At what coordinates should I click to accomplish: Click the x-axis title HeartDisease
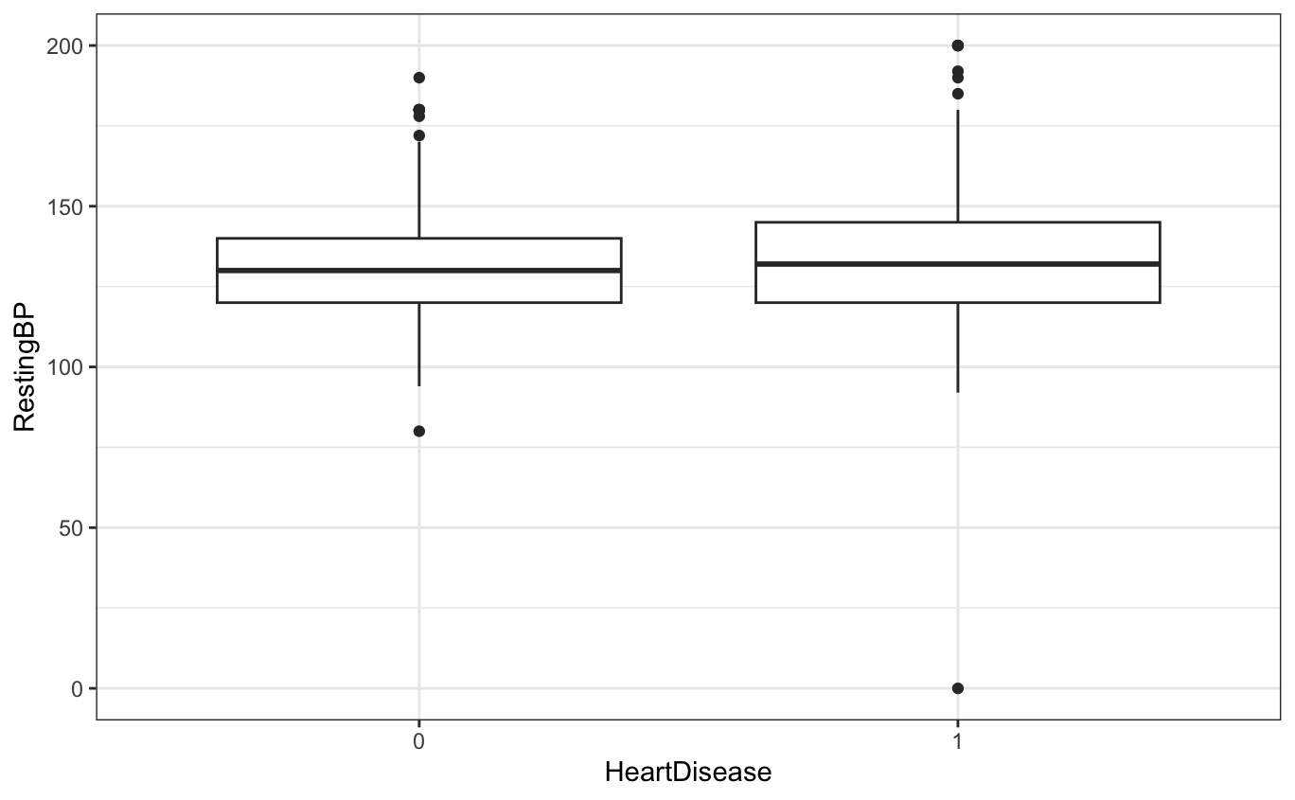tap(688, 773)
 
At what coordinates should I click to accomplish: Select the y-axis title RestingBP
tap(25, 366)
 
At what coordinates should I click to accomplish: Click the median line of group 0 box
tap(418, 271)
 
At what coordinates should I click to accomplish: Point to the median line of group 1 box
tap(957, 264)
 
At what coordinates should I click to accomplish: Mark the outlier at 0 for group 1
tap(957, 688)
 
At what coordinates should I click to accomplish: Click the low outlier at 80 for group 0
tap(418, 431)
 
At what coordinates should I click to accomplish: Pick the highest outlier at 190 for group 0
tap(418, 78)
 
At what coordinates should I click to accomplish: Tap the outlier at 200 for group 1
tap(957, 45)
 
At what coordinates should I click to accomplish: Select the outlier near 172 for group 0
tap(418, 135)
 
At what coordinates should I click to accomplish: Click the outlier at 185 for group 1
tap(957, 94)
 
